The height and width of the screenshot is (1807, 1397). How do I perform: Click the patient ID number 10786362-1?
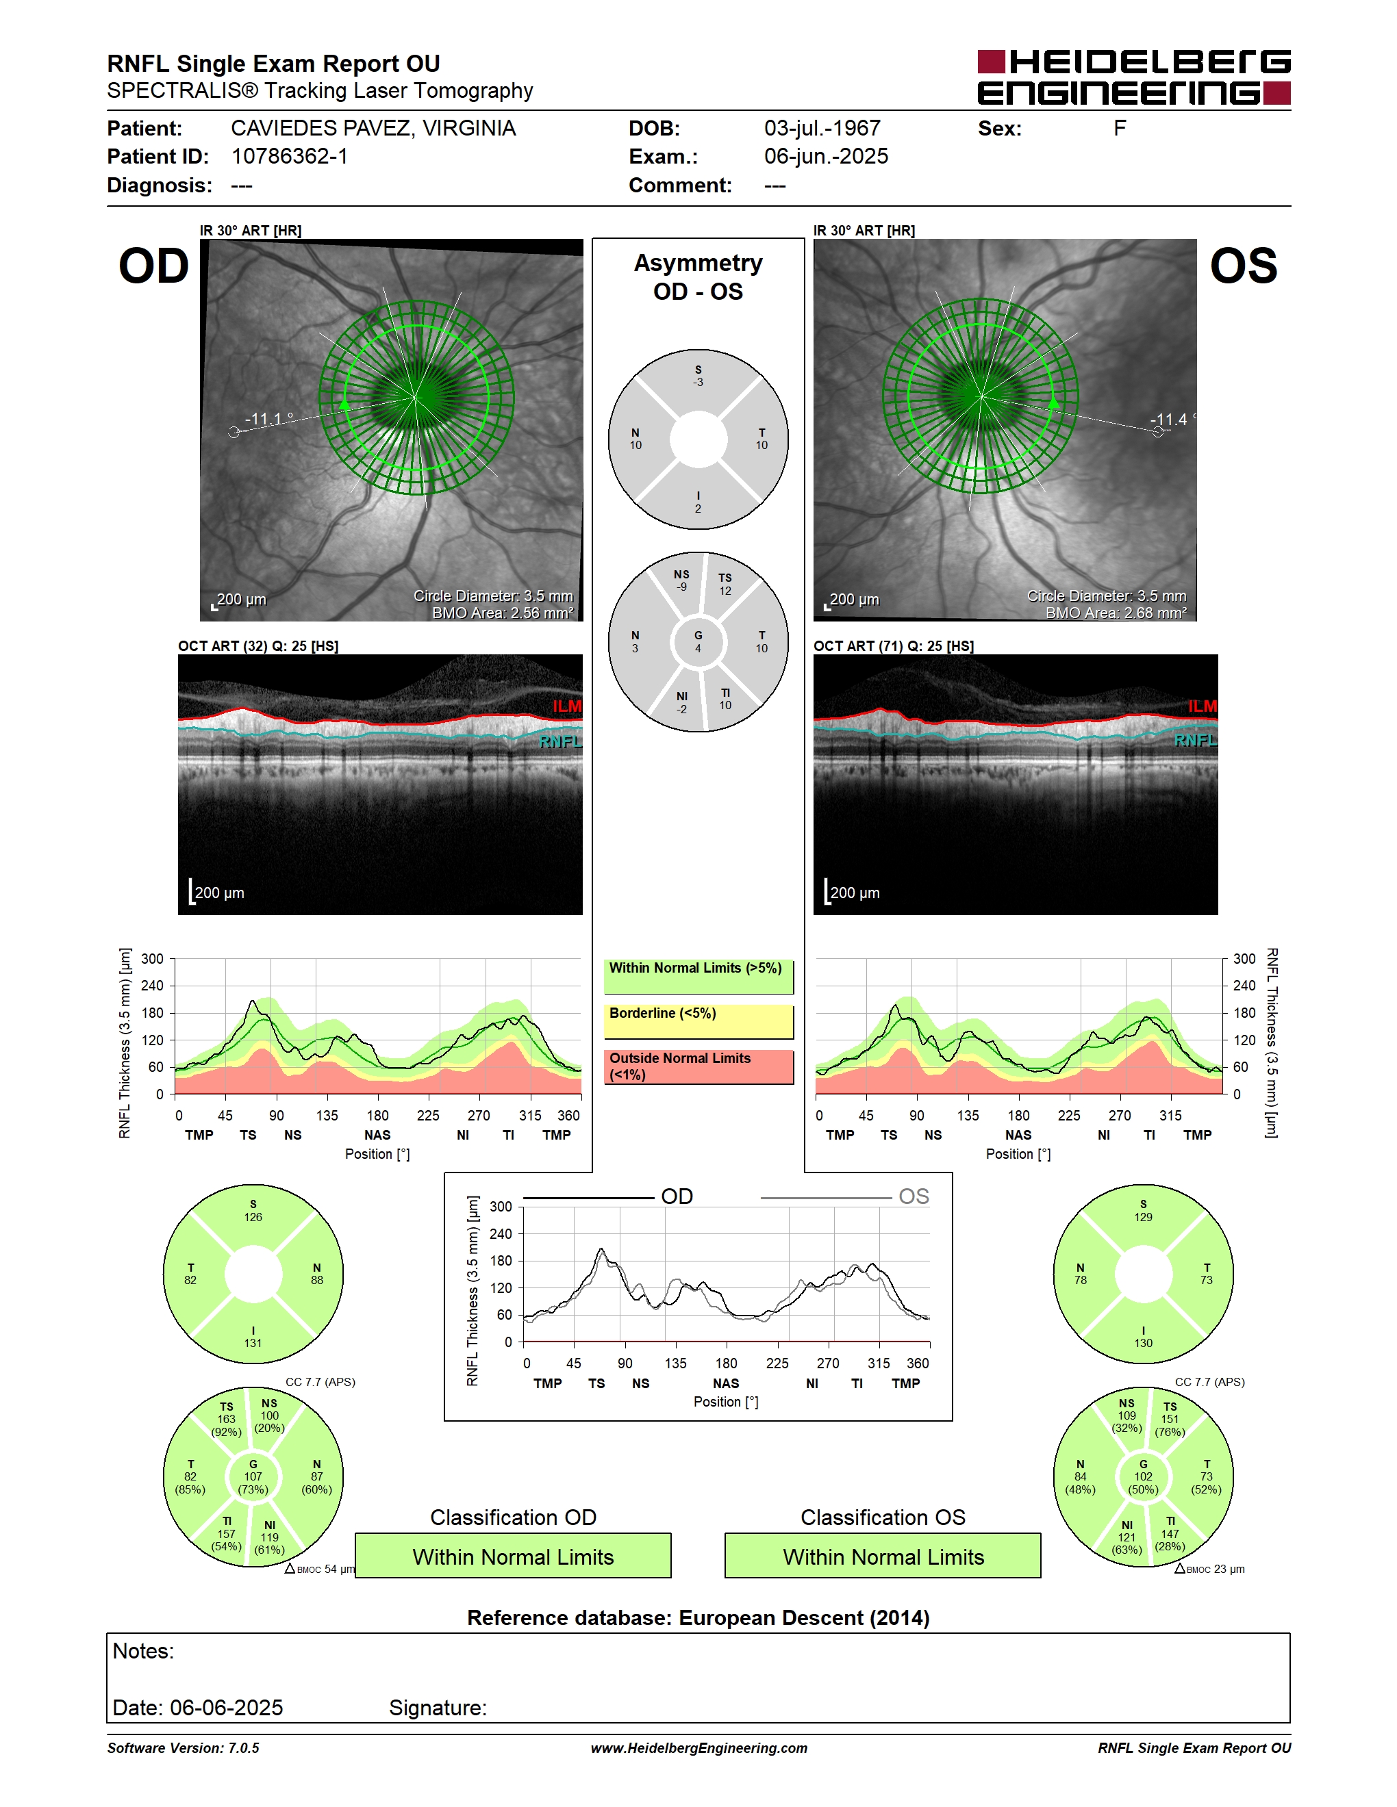pyautogui.click(x=290, y=156)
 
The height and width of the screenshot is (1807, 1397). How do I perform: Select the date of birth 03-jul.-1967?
pyautogui.click(x=822, y=128)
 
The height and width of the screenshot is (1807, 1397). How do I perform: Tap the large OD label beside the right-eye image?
pyautogui.click(x=154, y=266)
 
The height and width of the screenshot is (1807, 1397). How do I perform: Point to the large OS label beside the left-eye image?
pyautogui.click(x=1243, y=266)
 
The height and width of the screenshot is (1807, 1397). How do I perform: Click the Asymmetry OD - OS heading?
pyautogui.click(x=698, y=277)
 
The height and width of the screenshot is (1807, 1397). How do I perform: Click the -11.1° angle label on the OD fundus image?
pyautogui.click(x=269, y=419)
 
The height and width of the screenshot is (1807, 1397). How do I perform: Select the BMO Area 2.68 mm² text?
pyautogui.click(x=1116, y=613)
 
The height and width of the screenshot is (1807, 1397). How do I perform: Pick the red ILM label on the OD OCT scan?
pyautogui.click(x=567, y=706)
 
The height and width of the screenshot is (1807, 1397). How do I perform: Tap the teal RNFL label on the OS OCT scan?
pyautogui.click(x=1195, y=740)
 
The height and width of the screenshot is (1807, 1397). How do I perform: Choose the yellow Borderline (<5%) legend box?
pyautogui.click(x=698, y=1022)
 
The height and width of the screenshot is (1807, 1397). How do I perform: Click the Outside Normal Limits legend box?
pyautogui.click(x=698, y=1067)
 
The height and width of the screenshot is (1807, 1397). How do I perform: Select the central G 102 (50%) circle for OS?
pyautogui.click(x=1143, y=1477)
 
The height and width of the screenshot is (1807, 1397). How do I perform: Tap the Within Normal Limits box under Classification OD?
pyautogui.click(x=513, y=1556)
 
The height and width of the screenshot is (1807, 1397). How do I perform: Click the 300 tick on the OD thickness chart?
pyautogui.click(x=152, y=959)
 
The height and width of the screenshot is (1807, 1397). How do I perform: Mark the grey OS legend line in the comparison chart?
pyautogui.click(x=826, y=1197)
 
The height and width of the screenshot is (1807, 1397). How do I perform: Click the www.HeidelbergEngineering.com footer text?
pyautogui.click(x=698, y=1748)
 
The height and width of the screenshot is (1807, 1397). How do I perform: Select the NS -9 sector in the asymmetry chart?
pyautogui.click(x=682, y=582)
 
